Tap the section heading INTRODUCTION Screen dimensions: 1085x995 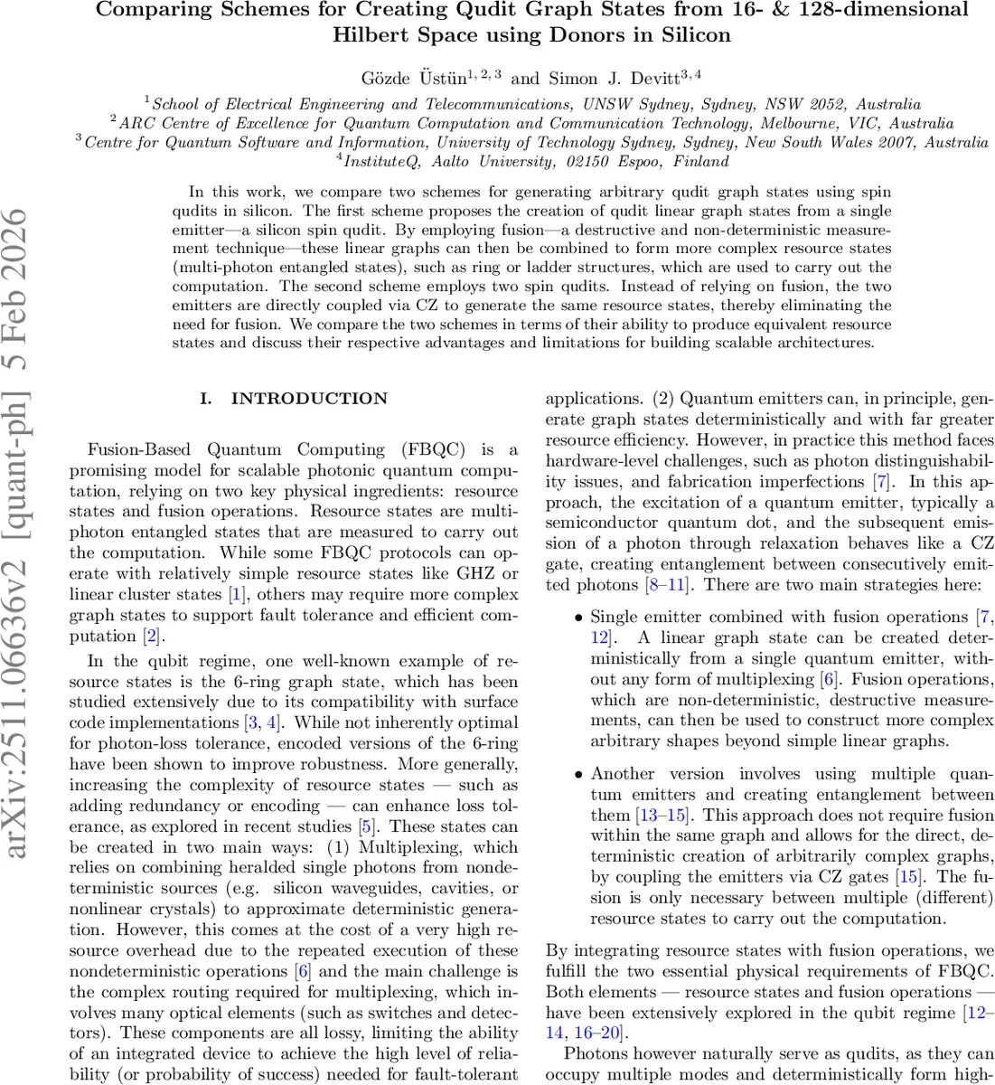pos(309,399)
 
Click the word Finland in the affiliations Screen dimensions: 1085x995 pos(700,162)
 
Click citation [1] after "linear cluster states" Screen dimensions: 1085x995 pos(237,595)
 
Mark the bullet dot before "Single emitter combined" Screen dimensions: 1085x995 pos(578,618)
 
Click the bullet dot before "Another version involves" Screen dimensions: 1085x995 pos(578,775)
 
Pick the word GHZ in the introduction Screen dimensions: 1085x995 pos(485,574)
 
